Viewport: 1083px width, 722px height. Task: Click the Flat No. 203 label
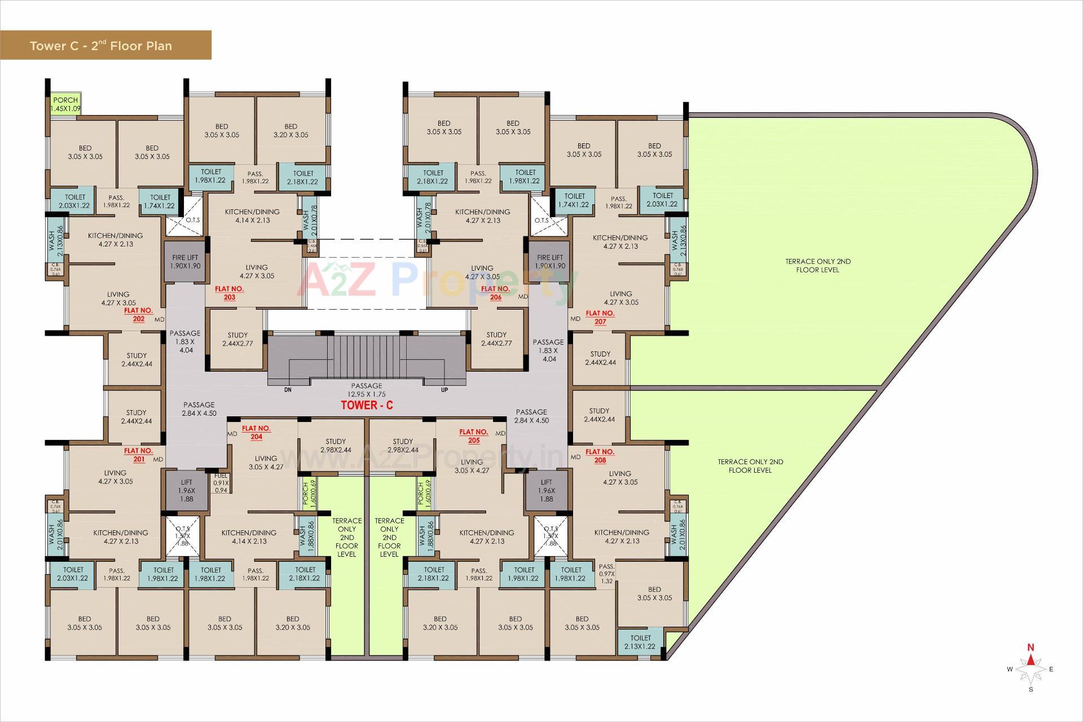pyautogui.click(x=229, y=293)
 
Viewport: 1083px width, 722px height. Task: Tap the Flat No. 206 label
pyautogui.click(x=495, y=293)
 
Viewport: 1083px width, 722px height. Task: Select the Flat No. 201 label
pyautogui.click(x=139, y=455)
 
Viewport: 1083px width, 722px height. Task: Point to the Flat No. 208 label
pyautogui.click(x=600, y=456)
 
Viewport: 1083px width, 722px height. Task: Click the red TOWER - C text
pyautogui.click(x=367, y=405)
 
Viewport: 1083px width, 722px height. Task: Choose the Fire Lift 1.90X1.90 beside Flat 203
pyautogui.click(x=186, y=262)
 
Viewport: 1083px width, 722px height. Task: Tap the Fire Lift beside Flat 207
pyautogui.click(x=549, y=262)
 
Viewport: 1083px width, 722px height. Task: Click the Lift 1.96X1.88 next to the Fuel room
pyautogui.click(x=186, y=490)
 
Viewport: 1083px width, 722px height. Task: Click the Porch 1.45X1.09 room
pyautogui.click(x=65, y=104)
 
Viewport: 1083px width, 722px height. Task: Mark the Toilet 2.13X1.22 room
pyautogui.click(x=640, y=642)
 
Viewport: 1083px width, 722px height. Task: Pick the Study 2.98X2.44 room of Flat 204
pyautogui.click(x=335, y=446)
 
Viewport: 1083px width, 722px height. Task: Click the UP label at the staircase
pyautogui.click(x=444, y=390)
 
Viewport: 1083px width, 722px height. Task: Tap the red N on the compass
pyautogui.click(x=1031, y=647)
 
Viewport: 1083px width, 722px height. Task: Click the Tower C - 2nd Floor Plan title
pyautogui.click(x=101, y=46)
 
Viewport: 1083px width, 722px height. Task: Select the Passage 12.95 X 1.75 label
pyautogui.click(x=367, y=390)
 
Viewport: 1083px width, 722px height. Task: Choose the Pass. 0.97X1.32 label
pyautogui.click(x=606, y=574)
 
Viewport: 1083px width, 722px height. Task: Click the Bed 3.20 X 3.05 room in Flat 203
pyautogui.click(x=290, y=130)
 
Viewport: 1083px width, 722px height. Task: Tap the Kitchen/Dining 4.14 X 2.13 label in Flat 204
pyautogui.click(x=249, y=536)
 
